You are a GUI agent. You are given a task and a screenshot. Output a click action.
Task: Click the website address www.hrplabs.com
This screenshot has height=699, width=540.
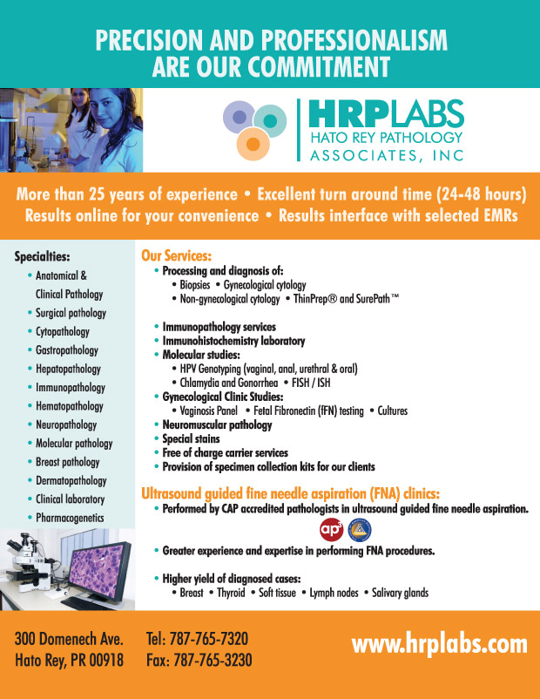pos(439,645)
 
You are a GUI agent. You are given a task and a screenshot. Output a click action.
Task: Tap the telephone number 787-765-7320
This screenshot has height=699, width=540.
pos(209,638)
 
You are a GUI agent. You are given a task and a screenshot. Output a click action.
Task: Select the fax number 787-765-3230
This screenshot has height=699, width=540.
pos(213,660)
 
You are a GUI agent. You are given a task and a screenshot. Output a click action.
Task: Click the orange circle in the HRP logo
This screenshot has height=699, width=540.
pos(253,144)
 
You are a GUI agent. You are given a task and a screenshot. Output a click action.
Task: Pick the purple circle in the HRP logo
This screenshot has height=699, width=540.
pos(240,117)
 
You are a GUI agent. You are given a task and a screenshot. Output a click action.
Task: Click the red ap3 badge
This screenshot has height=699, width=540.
pos(332,529)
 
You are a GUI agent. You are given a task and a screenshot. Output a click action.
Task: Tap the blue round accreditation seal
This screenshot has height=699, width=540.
pos(360,530)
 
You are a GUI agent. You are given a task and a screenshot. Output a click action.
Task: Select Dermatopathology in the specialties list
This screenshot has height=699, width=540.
pos(71,480)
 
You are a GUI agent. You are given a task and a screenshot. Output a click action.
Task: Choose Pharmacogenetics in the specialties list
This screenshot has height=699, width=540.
pos(70,518)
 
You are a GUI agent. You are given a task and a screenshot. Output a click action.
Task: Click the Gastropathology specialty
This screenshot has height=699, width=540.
pos(67,350)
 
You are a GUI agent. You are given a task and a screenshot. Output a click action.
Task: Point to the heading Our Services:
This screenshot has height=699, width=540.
pos(177,255)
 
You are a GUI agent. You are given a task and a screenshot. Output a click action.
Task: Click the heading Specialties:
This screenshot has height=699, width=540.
pos(43,256)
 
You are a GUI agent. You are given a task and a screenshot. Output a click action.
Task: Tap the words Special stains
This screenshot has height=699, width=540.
pos(191,438)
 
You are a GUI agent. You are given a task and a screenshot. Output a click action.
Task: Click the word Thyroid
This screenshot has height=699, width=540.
pos(231,593)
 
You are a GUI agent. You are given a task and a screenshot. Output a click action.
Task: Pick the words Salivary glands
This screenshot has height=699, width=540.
pos(400,593)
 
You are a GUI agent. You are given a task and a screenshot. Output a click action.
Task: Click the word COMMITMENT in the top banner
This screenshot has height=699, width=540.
pos(319,67)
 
